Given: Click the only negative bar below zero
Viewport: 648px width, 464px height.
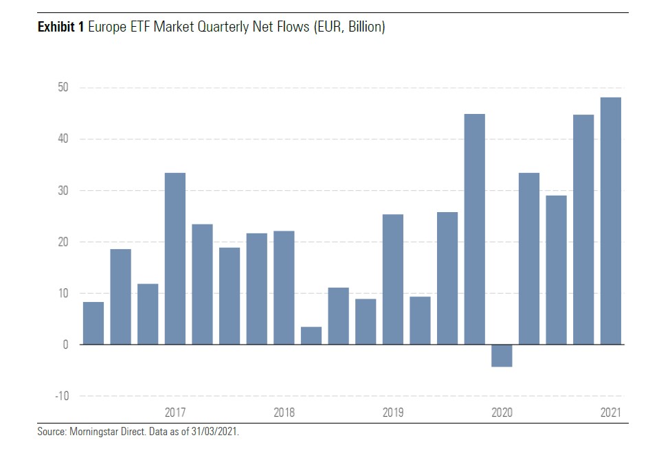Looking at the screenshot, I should (x=502, y=356).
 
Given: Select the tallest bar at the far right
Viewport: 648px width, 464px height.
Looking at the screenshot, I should (x=610, y=220).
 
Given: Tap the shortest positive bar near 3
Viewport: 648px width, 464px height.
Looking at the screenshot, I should (x=311, y=336).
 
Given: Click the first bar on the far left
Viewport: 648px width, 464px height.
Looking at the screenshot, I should (x=93, y=323).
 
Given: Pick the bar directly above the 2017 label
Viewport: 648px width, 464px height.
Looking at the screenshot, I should (x=175, y=259).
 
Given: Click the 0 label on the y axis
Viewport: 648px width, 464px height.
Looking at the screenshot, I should (x=65, y=345).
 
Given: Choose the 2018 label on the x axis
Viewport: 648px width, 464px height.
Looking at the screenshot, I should (x=284, y=413).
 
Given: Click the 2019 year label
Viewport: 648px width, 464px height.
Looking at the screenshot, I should (x=393, y=413).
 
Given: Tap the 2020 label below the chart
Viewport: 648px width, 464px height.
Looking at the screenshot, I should (x=502, y=413).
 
